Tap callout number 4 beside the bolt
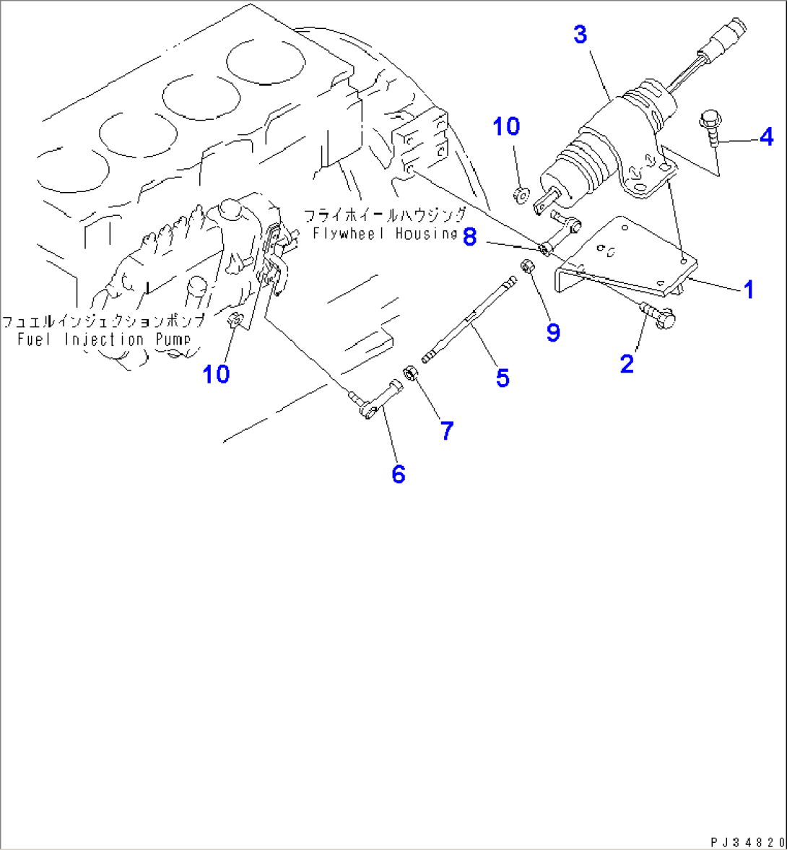click(x=765, y=136)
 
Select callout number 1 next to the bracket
click(x=748, y=290)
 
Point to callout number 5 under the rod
click(x=502, y=377)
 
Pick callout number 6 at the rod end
click(x=398, y=474)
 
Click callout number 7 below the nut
click(x=447, y=431)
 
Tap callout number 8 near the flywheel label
click(x=469, y=236)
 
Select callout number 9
click(x=553, y=332)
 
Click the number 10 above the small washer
click(x=506, y=127)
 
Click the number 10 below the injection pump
click(x=216, y=373)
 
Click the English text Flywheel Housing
click(x=385, y=233)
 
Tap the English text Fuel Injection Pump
click(x=104, y=339)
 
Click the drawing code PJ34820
click(x=746, y=841)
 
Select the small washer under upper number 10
click(x=520, y=194)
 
